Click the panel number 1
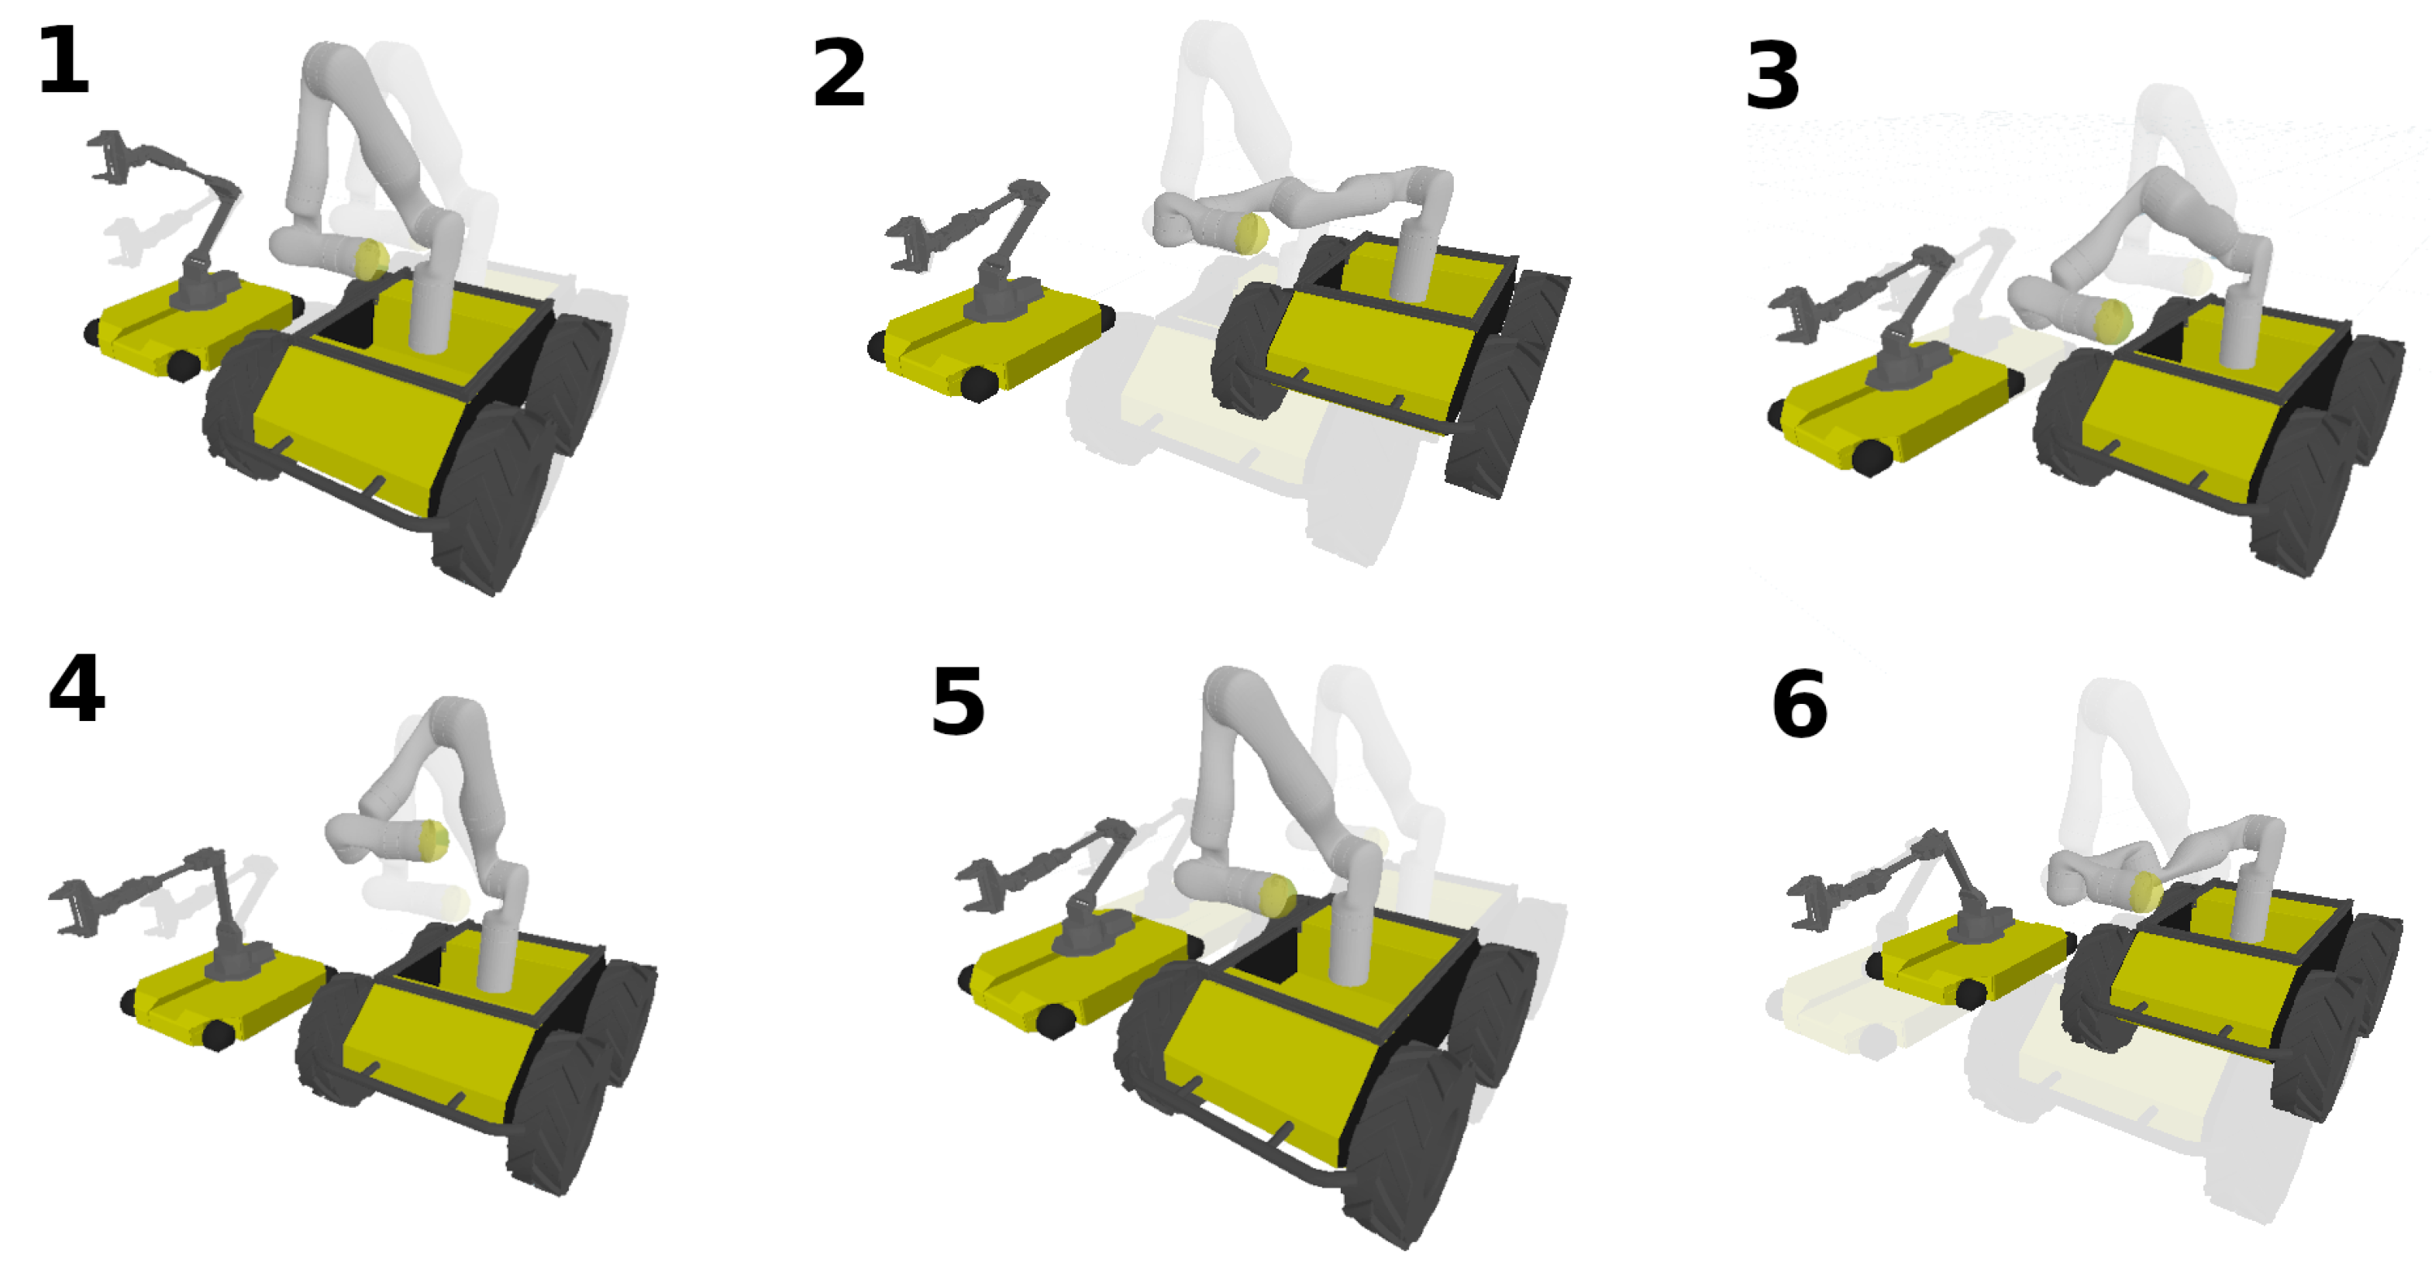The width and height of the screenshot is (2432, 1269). pyautogui.click(x=64, y=61)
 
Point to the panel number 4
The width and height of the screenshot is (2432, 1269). pyautogui.click(x=77, y=689)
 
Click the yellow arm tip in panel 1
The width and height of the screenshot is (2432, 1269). pyautogui.click(x=371, y=259)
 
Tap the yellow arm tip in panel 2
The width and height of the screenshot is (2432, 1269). pyautogui.click(x=1252, y=233)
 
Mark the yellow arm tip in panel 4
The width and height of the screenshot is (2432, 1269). pyautogui.click(x=433, y=840)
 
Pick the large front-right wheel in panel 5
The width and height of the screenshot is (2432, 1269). pyautogui.click(x=1407, y=1143)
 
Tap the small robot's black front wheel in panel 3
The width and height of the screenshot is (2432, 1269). pyautogui.click(x=1870, y=458)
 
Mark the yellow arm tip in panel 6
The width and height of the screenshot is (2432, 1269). pyautogui.click(x=2145, y=891)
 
